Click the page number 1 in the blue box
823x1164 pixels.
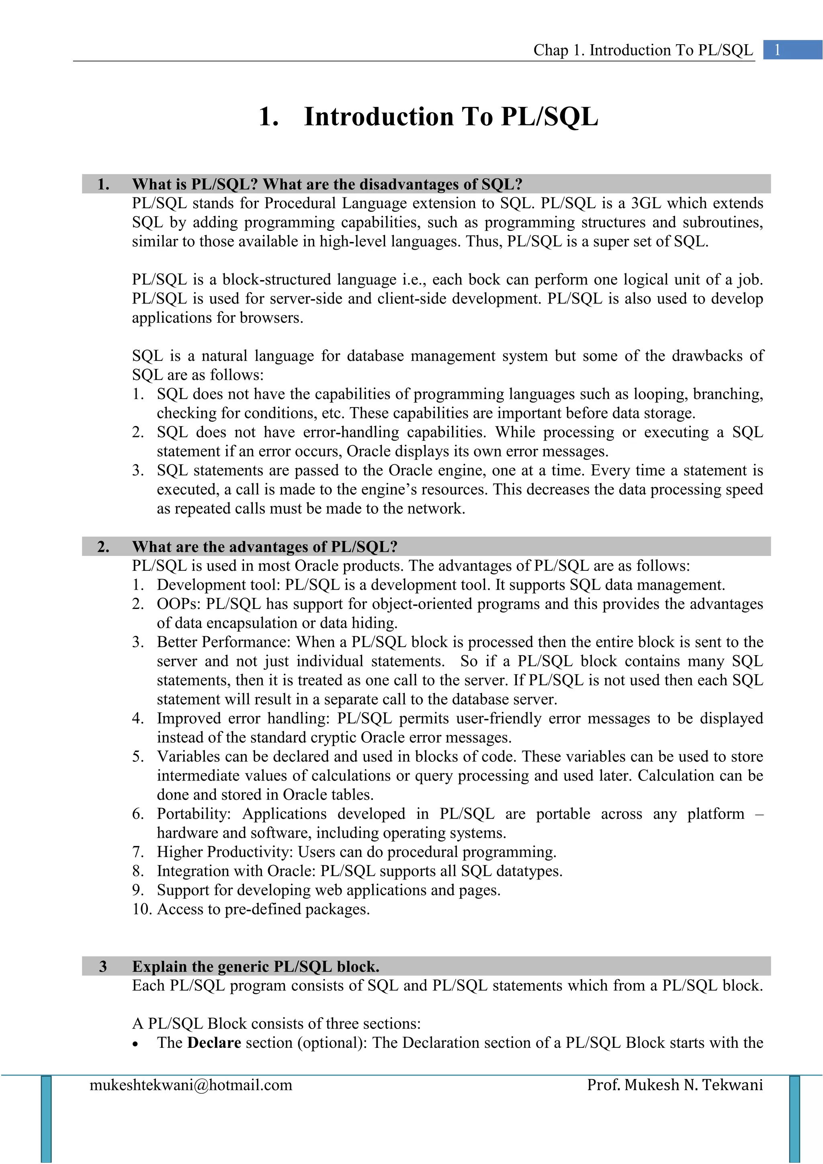point(778,50)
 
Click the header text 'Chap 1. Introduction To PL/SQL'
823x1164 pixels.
point(643,50)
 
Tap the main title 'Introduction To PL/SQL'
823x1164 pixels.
point(450,117)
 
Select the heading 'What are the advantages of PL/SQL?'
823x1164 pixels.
point(264,547)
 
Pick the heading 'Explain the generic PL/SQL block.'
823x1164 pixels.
point(256,966)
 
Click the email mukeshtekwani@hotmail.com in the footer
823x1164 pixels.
point(191,1085)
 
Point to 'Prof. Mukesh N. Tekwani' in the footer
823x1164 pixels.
point(675,1085)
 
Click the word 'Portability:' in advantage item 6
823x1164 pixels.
point(194,814)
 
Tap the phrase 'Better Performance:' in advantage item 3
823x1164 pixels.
point(223,642)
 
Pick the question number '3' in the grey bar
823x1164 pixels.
point(103,966)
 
